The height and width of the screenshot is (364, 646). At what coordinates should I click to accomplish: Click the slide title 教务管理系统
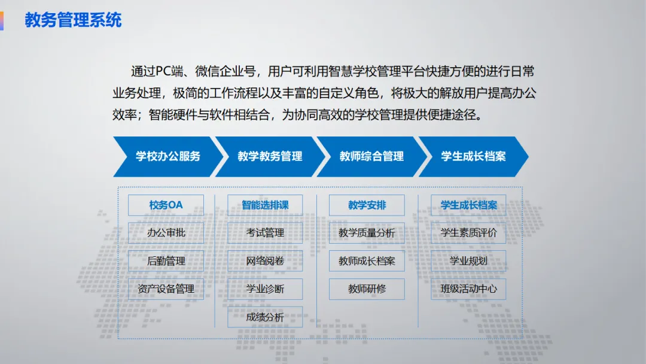pyautogui.click(x=73, y=20)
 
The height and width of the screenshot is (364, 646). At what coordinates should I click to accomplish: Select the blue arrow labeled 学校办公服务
pyautogui.click(x=167, y=156)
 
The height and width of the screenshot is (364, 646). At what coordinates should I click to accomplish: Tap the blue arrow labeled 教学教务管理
pyautogui.click(x=270, y=156)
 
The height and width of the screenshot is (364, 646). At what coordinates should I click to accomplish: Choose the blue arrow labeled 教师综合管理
pyautogui.click(x=371, y=156)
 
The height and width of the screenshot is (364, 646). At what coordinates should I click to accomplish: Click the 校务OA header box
pyautogui.click(x=166, y=205)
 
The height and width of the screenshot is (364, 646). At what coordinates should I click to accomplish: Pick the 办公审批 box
pyautogui.click(x=166, y=232)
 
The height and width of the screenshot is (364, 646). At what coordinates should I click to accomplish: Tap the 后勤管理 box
pyautogui.click(x=166, y=260)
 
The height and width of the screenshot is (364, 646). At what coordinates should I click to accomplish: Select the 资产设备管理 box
pyautogui.click(x=166, y=289)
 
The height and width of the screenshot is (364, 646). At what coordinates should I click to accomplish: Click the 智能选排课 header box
pyautogui.click(x=265, y=205)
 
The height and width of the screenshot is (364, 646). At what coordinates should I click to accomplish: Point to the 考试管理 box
pyautogui.click(x=265, y=232)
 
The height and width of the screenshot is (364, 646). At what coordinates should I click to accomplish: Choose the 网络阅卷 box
pyautogui.click(x=265, y=260)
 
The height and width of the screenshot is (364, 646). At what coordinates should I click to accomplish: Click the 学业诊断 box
pyautogui.click(x=265, y=289)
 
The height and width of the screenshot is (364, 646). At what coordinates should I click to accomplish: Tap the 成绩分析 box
pyautogui.click(x=265, y=317)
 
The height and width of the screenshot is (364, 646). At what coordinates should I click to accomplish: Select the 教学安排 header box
pyautogui.click(x=367, y=205)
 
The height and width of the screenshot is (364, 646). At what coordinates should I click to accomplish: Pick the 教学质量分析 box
pyautogui.click(x=367, y=232)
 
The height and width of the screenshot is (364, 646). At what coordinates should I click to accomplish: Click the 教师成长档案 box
pyautogui.click(x=367, y=260)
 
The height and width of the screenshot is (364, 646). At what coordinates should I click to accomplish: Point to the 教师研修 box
pyautogui.click(x=367, y=289)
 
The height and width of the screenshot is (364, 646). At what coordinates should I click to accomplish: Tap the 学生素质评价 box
pyautogui.click(x=468, y=232)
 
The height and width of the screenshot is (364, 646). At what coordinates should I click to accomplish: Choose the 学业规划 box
pyautogui.click(x=468, y=260)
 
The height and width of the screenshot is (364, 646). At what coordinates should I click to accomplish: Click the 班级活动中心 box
pyautogui.click(x=468, y=289)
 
